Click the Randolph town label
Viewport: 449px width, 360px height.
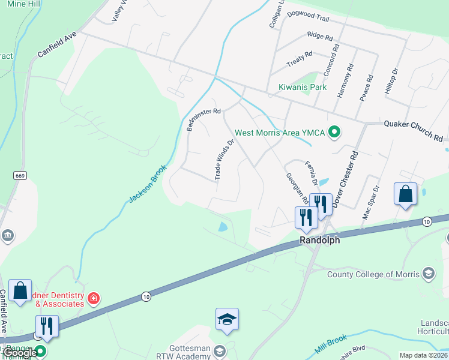pos(319,240)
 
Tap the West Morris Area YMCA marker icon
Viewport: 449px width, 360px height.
pos(336,133)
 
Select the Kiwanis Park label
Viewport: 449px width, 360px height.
pos(303,87)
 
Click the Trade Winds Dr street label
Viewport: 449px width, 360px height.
pos(224,160)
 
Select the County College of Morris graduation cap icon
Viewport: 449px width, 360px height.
pos(428,274)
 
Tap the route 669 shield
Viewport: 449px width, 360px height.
pos(20,175)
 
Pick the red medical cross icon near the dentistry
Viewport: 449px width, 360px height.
pos(93,298)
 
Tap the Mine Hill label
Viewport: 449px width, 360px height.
pos(24,4)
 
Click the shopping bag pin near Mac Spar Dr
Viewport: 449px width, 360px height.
pos(406,194)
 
